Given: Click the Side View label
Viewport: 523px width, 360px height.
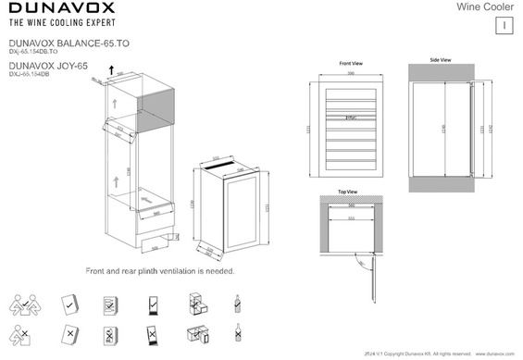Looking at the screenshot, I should point(441,59).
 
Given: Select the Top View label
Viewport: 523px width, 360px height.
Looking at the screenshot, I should point(347,192).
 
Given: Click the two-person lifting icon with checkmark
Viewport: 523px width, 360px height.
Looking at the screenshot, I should point(26,304).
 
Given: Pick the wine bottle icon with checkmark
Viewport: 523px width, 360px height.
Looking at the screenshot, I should point(239,303).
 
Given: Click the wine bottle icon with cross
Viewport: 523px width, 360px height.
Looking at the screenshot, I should point(239,334).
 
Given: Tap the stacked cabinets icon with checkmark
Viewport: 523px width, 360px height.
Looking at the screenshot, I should point(195,303).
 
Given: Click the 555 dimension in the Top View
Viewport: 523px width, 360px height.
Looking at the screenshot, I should point(349,219).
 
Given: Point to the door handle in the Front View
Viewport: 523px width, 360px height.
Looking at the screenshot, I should point(349,118).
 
